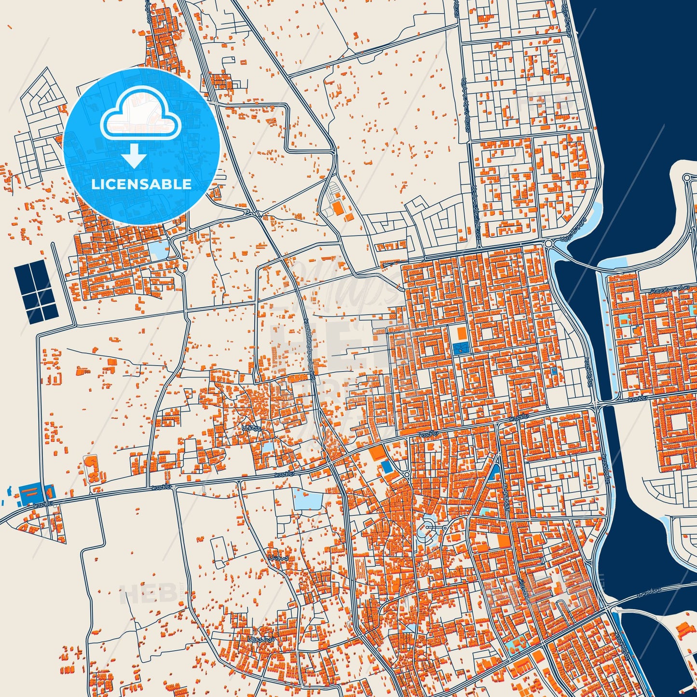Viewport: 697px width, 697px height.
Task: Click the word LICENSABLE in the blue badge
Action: coord(141,184)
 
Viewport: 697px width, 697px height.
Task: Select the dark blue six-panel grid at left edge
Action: coord(37,292)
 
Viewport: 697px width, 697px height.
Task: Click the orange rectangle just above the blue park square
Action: coord(462,333)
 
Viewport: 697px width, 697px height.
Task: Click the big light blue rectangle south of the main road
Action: coord(308,499)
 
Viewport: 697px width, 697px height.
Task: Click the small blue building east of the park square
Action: coord(554,371)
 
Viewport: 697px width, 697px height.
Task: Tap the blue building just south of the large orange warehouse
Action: coord(386,466)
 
